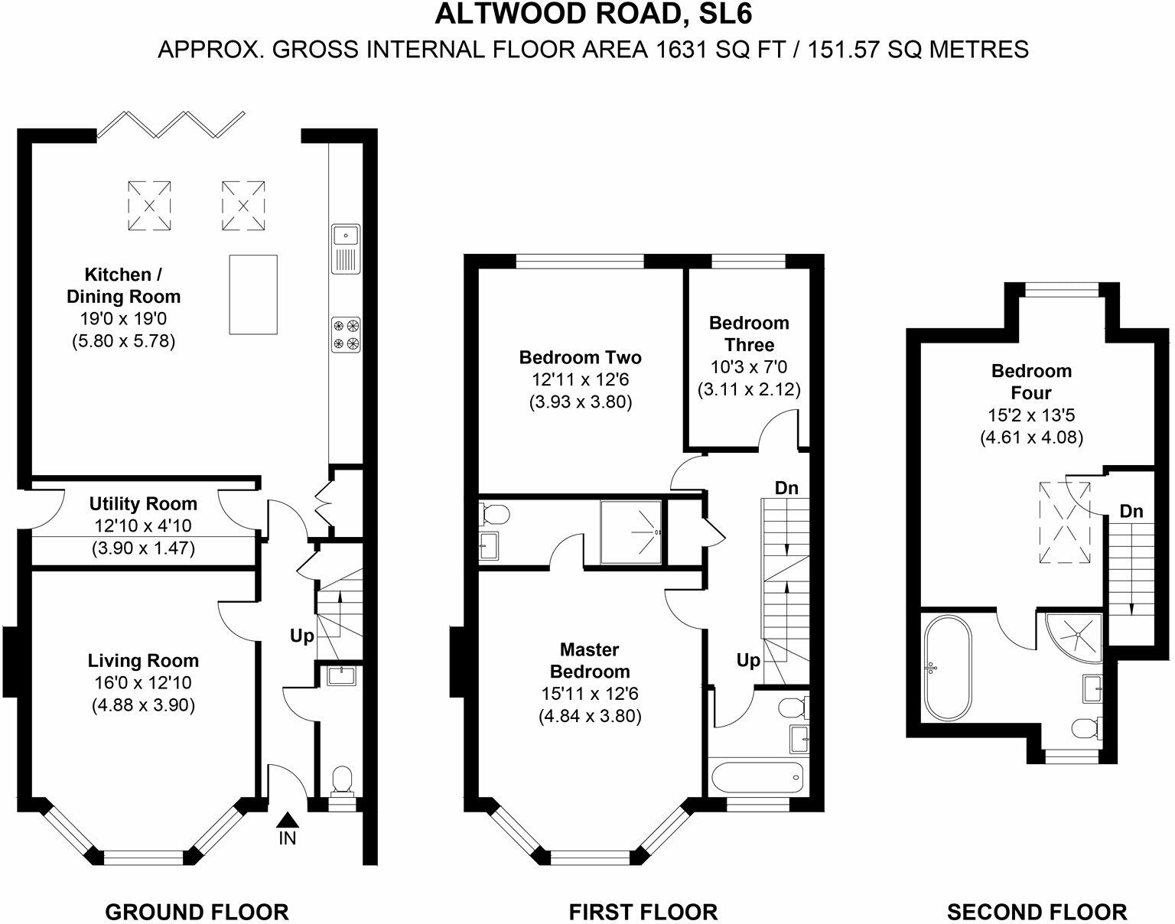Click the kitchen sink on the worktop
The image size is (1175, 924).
(x=346, y=249)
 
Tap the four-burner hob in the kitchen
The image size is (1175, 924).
(x=347, y=334)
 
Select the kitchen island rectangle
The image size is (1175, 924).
(x=252, y=294)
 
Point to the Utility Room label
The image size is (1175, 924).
(x=143, y=503)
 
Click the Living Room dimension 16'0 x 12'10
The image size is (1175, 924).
(x=143, y=682)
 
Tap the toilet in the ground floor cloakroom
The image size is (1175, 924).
(x=343, y=779)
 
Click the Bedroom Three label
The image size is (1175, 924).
(x=749, y=333)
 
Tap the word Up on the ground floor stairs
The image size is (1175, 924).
(x=301, y=636)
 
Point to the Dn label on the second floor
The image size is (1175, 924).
(x=1131, y=511)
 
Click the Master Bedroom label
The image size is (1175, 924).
(x=590, y=660)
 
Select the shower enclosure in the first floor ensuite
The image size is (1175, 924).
(x=630, y=532)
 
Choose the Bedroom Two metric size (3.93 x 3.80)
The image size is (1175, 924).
(x=581, y=402)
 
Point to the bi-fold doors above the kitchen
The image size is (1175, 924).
(x=171, y=125)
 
